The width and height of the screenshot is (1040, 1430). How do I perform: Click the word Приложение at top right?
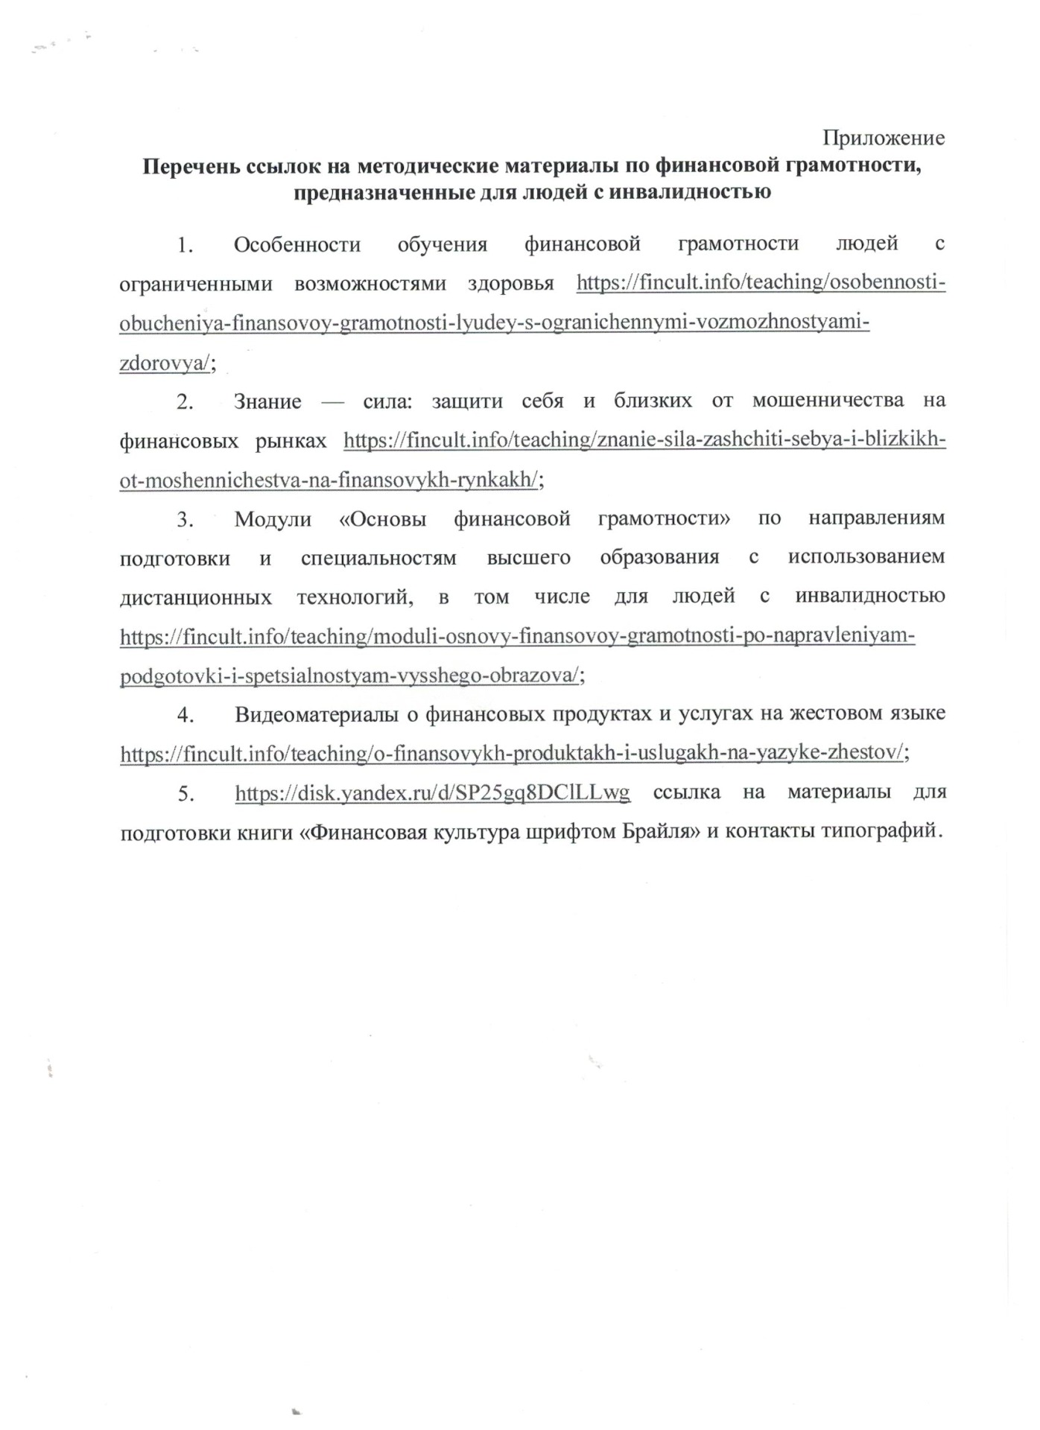tap(883, 138)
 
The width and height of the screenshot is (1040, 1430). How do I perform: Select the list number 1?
tap(185, 244)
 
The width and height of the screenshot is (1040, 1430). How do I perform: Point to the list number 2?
tap(185, 402)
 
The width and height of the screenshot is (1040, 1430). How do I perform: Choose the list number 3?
tap(185, 519)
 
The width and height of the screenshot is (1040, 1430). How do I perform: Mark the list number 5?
tap(185, 794)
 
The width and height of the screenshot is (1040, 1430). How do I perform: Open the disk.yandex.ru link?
tap(432, 793)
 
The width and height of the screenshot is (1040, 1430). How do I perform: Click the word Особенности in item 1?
tap(297, 244)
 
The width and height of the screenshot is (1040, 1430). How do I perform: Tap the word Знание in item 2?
tap(267, 402)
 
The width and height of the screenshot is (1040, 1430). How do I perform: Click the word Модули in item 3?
tap(273, 519)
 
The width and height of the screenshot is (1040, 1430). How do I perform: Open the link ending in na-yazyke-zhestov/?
tap(513, 754)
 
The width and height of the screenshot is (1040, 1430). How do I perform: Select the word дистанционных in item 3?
tap(195, 597)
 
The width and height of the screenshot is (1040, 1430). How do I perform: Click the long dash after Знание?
tap(332, 402)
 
